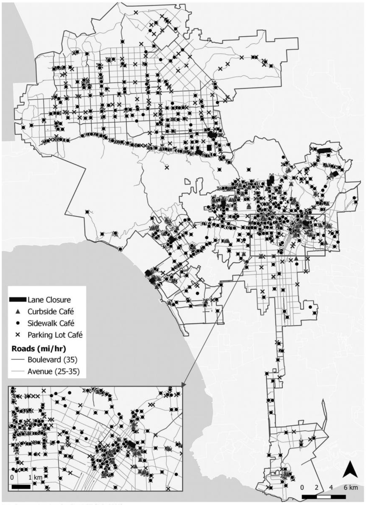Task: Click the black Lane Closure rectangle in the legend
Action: pyautogui.click(x=18, y=299)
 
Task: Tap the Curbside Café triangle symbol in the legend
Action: pyautogui.click(x=18, y=311)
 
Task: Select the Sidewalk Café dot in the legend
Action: pyautogui.click(x=18, y=323)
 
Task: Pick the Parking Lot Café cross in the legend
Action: pyautogui.click(x=18, y=335)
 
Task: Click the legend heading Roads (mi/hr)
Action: pyautogui.click(x=38, y=348)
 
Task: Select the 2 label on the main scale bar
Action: pyautogui.click(x=317, y=487)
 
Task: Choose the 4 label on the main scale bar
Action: pyautogui.click(x=331, y=487)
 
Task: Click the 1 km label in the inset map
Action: pyautogui.click(x=36, y=477)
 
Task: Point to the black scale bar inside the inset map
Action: pyautogui.click(x=21, y=486)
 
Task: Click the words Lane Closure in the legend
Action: pyautogui.click(x=49, y=300)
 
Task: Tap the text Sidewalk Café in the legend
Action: pyautogui.click(x=51, y=323)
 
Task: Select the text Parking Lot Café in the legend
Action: pyautogui.click(x=55, y=335)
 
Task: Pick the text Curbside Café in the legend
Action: pyautogui.click(x=51, y=312)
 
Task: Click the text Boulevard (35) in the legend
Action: pyautogui.click(x=52, y=360)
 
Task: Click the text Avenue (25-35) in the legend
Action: pyautogui.click(x=53, y=371)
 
